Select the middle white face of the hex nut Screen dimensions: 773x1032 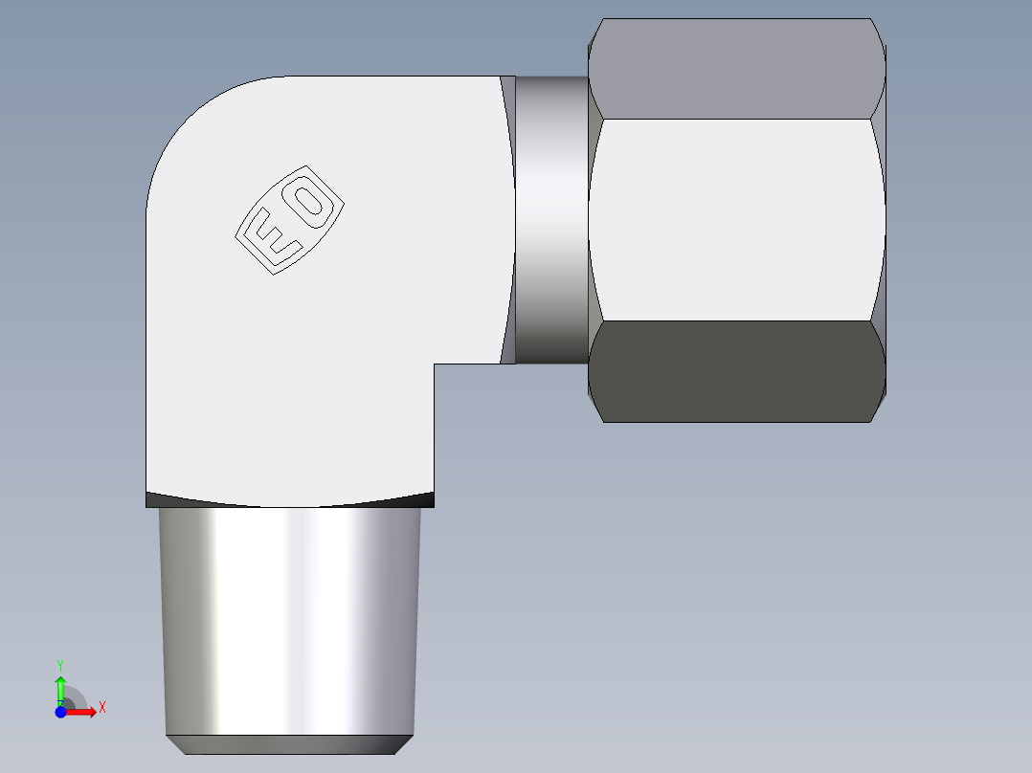[x=735, y=220]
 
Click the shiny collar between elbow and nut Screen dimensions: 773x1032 [x=551, y=220]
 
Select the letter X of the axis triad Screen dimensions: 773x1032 [x=102, y=708]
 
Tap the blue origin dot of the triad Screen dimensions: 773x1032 [x=60, y=712]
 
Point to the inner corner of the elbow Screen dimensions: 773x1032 [x=436, y=364]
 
